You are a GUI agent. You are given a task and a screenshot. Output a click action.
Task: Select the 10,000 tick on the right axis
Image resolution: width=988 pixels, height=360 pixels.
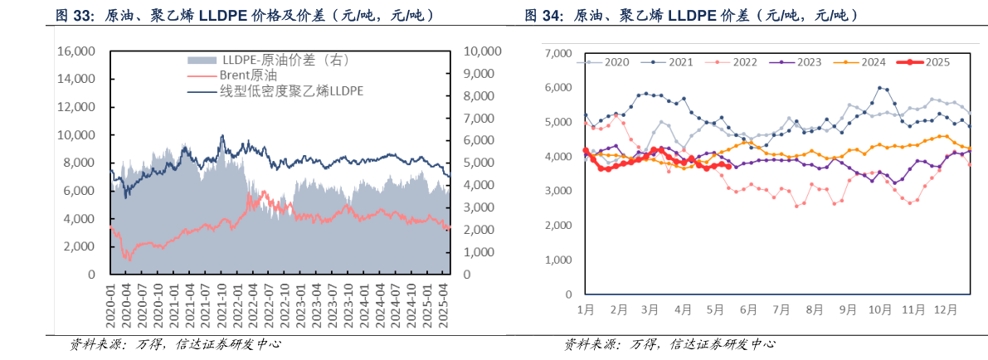(x=481, y=51)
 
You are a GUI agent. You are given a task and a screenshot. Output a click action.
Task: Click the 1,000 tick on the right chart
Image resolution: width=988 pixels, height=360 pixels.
(x=558, y=260)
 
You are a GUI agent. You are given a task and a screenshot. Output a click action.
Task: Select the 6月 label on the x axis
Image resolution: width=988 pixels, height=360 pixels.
(x=747, y=309)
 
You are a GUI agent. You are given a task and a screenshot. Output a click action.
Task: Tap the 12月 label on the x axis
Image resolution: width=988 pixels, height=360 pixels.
(x=941, y=309)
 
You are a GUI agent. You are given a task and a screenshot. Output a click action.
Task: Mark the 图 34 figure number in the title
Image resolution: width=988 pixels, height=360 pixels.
(x=543, y=15)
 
